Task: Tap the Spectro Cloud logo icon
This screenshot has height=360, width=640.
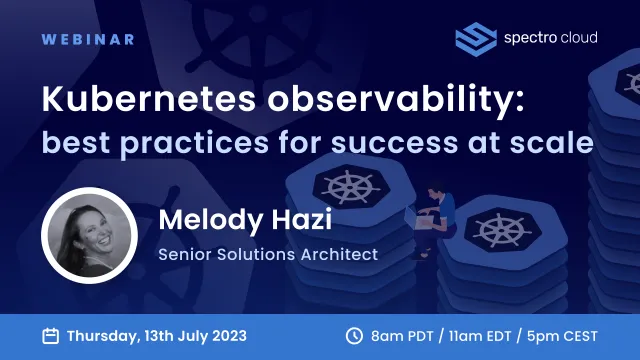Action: (x=476, y=38)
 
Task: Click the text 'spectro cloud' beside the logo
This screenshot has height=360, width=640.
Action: (x=550, y=38)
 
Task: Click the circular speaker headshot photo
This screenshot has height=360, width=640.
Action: (x=88, y=236)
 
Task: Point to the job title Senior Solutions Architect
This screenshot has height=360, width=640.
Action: (x=268, y=254)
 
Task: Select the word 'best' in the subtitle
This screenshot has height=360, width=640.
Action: (x=72, y=143)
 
